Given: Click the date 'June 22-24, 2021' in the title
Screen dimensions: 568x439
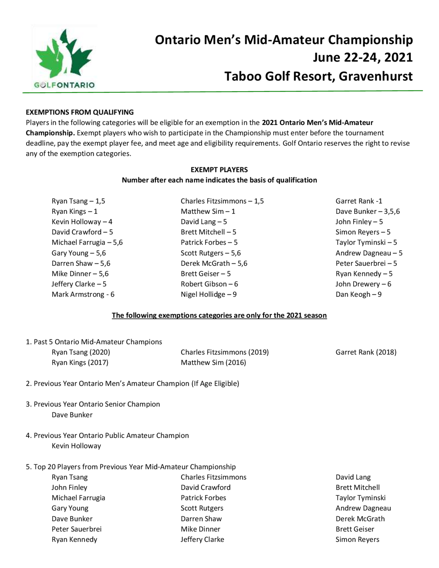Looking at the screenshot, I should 363,58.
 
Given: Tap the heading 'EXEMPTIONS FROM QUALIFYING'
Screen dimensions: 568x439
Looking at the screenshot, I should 80,112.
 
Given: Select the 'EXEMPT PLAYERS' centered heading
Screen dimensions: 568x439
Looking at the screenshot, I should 219,170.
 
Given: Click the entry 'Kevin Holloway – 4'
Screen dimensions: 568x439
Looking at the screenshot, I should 82,222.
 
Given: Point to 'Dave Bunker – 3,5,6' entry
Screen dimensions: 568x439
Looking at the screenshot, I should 367,211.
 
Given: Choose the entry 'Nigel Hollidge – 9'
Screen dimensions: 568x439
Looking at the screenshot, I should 209,294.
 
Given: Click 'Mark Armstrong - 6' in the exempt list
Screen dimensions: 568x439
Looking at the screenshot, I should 83,294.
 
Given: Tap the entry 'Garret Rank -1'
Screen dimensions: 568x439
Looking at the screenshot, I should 359,201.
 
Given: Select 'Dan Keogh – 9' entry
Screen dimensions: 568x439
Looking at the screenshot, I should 358,294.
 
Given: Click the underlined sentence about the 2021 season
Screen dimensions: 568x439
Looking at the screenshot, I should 219,315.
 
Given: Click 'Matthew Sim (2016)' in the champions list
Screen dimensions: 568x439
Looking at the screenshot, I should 213,363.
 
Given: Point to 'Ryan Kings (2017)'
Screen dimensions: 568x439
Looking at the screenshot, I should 80,363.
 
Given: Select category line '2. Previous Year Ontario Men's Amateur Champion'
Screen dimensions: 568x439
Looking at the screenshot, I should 132,384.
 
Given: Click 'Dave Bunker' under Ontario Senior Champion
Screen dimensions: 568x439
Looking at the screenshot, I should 72,415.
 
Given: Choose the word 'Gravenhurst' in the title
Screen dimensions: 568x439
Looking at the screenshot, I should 376,76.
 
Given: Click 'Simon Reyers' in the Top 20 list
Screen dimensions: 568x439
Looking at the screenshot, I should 357,539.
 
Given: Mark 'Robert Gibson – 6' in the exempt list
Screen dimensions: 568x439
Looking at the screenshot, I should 209,284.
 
